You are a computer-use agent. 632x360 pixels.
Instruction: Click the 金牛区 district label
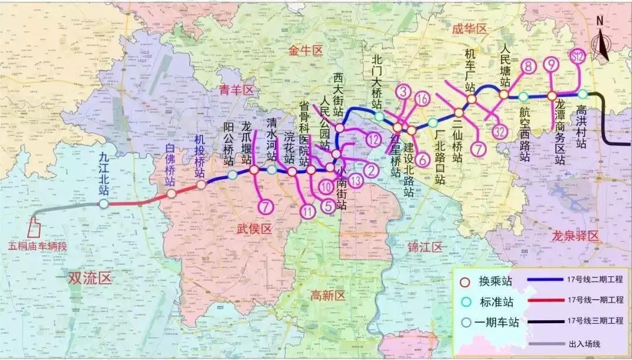pos(305,52)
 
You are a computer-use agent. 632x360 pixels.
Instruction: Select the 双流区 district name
pos(90,278)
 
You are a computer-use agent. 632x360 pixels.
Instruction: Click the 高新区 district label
pos(329,295)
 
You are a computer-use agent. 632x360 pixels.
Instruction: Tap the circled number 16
pos(423,99)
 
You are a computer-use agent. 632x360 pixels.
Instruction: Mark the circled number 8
pos(528,67)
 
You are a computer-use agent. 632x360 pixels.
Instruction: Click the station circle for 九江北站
pos(104,204)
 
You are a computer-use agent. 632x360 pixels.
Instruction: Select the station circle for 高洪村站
pos(582,94)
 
